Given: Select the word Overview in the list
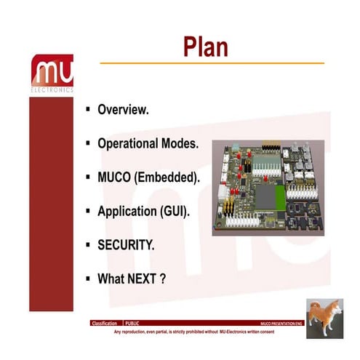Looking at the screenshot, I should pyautogui.click(x=123, y=111).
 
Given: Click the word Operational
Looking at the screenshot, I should pyautogui.click(x=130, y=143).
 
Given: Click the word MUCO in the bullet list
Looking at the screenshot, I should pyautogui.click(x=113, y=177).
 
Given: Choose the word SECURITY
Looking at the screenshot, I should pyautogui.click(x=126, y=245).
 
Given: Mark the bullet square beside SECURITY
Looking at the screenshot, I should pyautogui.click(x=87, y=244).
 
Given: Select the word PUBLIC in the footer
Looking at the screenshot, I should pyautogui.click(x=133, y=322).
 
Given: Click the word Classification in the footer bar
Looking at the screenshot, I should pyautogui.click(x=105, y=322).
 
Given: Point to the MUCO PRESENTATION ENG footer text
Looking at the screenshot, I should pyautogui.click(x=281, y=322).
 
